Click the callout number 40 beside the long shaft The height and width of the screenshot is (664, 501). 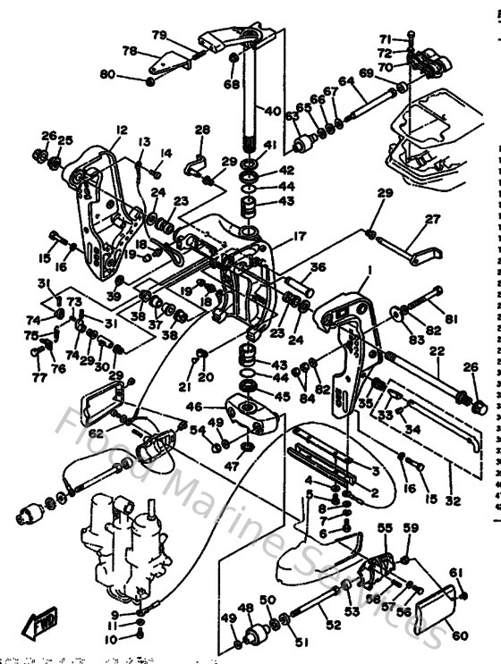272,113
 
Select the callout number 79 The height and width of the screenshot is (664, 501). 159,35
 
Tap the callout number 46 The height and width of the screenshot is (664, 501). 219,407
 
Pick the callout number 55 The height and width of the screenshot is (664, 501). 384,530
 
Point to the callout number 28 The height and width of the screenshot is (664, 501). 202,130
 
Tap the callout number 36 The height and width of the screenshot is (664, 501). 318,266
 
